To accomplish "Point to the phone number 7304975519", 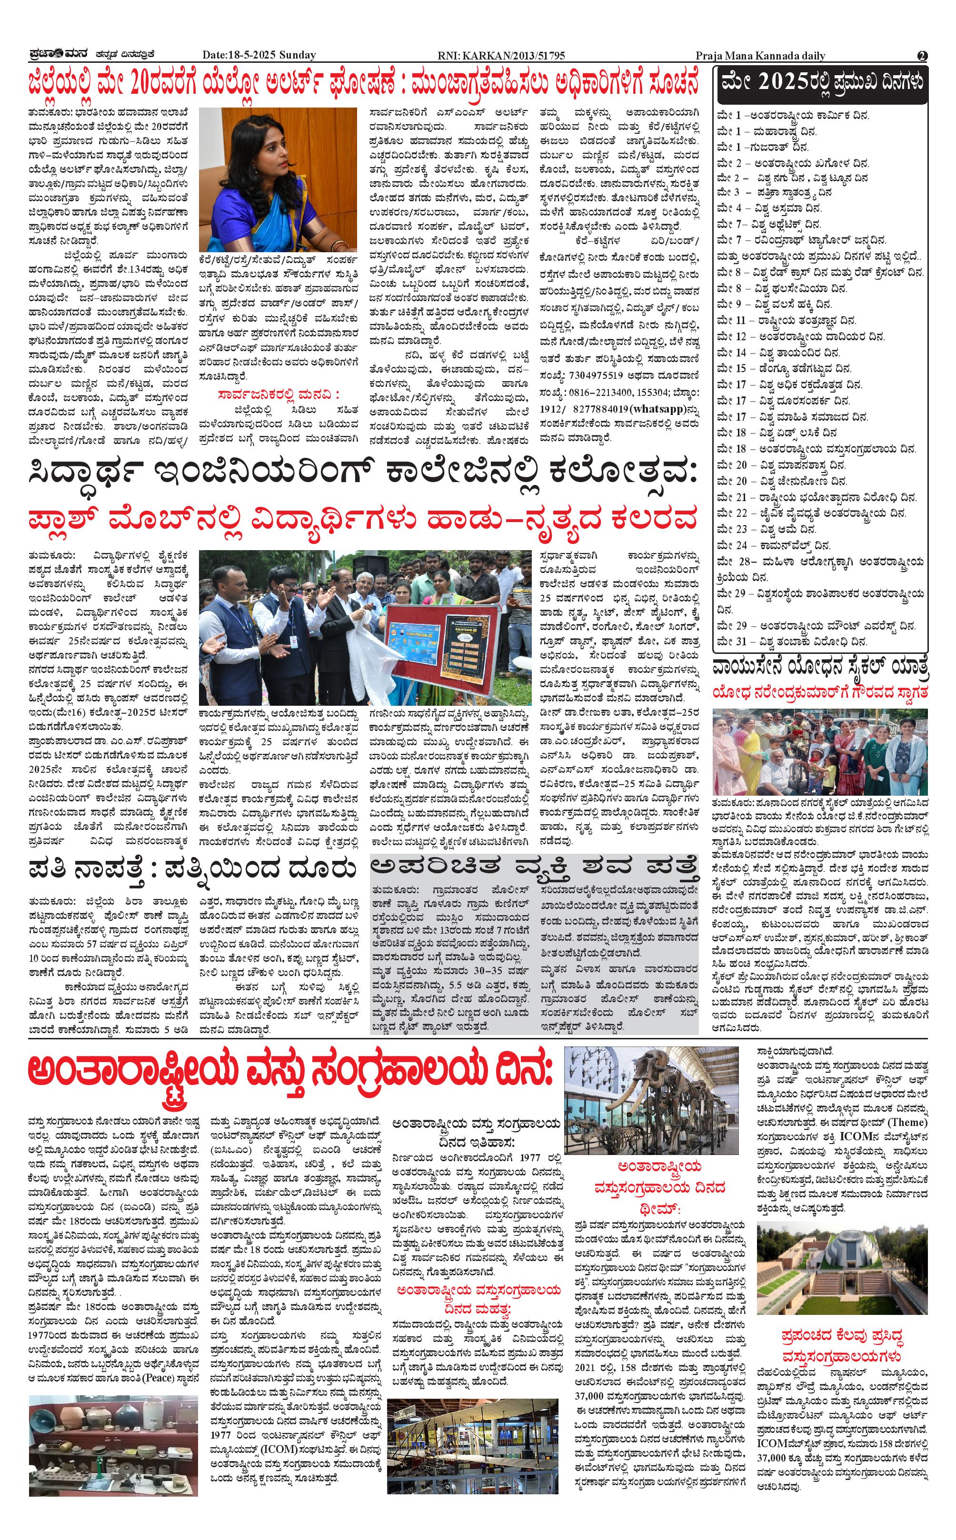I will pyautogui.click(x=597, y=375).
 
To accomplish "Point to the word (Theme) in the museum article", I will pyautogui.click(x=907, y=1122).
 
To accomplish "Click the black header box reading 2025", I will pyautogui.click(x=822, y=82).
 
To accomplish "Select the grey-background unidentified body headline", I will pyautogui.click(x=534, y=869).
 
